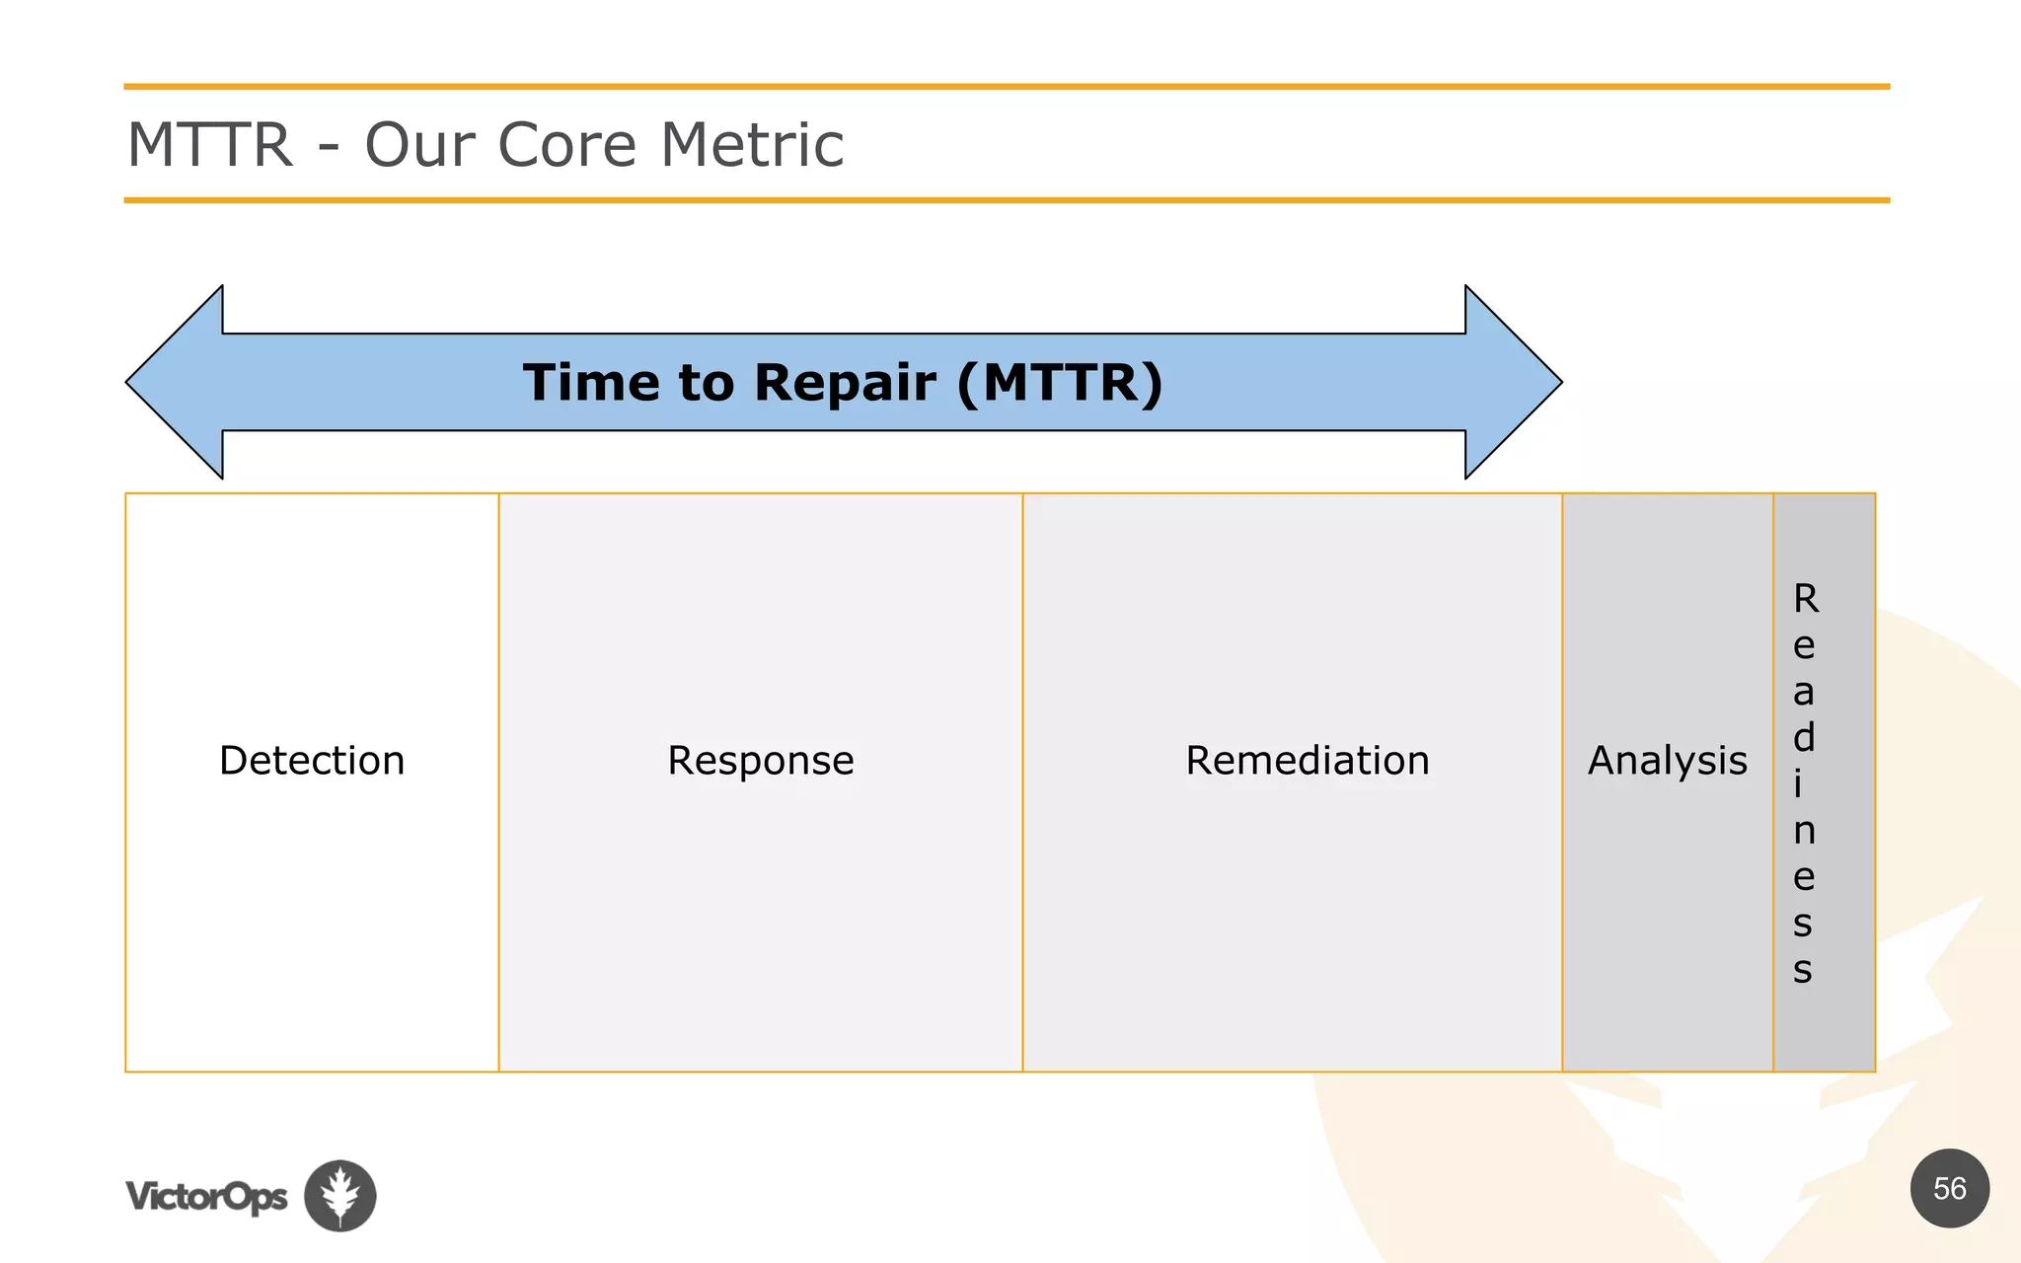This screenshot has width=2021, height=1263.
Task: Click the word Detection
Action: (312, 761)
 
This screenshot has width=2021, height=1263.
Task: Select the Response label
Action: (760, 761)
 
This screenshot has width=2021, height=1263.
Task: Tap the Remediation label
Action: (1307, 761)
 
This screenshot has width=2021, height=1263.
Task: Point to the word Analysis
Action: (1667, 761)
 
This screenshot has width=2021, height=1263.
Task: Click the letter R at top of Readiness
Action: (1805, 599)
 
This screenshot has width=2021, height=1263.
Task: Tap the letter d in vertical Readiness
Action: (1804, 737)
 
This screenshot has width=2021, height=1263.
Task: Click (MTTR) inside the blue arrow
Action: (1060, 383)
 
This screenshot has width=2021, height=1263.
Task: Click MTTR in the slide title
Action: (210, 145)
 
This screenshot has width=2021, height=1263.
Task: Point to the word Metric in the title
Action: (752, 145)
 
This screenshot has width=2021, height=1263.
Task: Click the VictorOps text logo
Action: (206, 1197)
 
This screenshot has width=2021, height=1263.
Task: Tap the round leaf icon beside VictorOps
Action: (340, 1196)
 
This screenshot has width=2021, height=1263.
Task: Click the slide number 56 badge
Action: (1949, 1188)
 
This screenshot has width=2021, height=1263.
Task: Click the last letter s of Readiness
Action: (1803, 970)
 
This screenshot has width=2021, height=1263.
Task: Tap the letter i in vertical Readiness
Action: (1798, 784)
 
